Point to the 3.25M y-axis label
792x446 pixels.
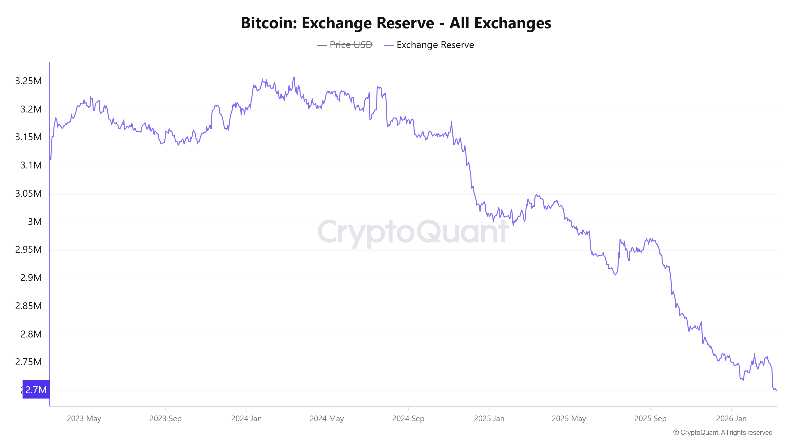point(28,81)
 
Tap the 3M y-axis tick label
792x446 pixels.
point(34,222)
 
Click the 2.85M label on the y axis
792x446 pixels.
point(28,306)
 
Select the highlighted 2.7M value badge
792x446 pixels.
point(36,390)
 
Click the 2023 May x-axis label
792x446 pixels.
point(84,418)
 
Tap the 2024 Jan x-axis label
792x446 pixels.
point(246,418)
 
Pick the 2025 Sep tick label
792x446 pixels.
point(650,418)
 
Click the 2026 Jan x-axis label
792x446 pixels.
point(731,418)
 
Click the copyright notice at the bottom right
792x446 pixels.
point(722,432)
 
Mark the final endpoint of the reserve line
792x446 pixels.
point(776,390)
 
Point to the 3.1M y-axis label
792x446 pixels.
point(31,165)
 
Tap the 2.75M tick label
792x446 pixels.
point(28,362)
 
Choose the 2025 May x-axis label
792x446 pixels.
point(569,418)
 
